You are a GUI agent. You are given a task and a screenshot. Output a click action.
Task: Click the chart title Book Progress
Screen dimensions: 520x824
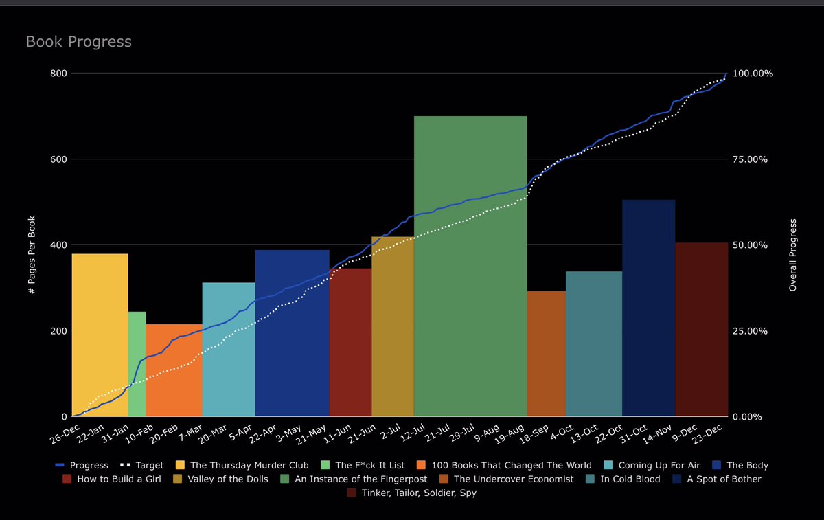(x=78, y=42)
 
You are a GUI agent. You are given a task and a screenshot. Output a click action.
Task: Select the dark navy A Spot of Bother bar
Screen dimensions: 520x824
(x=648, y=309)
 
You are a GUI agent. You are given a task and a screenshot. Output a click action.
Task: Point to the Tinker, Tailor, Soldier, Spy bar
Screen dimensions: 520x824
(x=700, y=343)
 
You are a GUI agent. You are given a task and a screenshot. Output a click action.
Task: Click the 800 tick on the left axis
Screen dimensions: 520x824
(x=58, y=74)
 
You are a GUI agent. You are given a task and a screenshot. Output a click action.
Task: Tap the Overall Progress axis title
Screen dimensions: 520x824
(x=792, y=255)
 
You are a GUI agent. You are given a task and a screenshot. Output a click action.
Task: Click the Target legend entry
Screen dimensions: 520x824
(x=144, y=466)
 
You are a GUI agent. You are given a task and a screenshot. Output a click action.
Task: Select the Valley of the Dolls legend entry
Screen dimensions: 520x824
(x=227, y=479)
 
